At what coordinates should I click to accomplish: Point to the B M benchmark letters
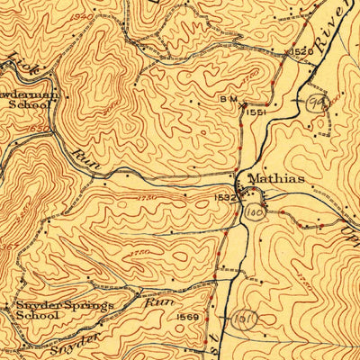pyautogui.click(x=228, y=98)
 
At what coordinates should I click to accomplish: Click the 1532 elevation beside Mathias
pyautogui.click(x=225, y=196)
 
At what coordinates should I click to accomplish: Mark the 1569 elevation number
pyautogui.click(x=187, y=317)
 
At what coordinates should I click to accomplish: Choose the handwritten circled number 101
pyautogui.click(x=242, y=319)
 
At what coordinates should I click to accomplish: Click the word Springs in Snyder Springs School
pyautogui.click(x=89, y=306)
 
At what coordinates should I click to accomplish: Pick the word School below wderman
pyautogui.click(x=24, y=103)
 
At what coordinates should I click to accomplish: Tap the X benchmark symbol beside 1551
pyautogui.click(x=244, y=107)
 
